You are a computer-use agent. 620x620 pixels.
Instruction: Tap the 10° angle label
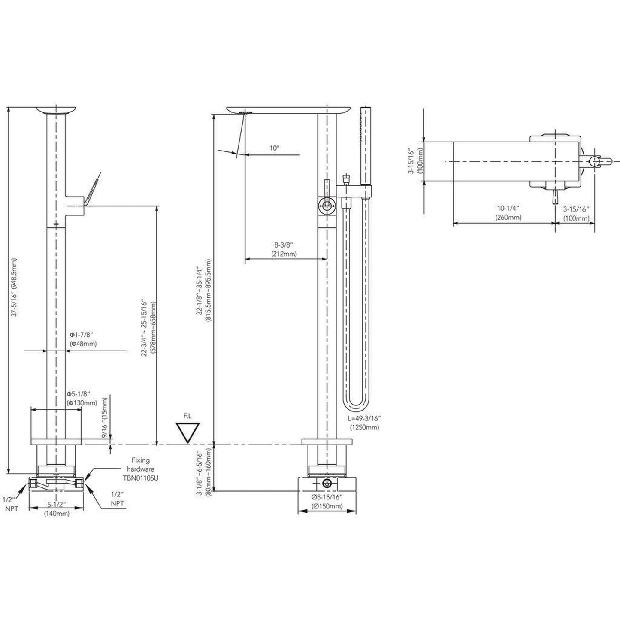(x=275, y=148)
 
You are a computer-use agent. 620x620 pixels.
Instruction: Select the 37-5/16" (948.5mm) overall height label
(x=15, y=287)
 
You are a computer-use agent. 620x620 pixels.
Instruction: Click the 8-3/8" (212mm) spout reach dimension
(x=284, y=249)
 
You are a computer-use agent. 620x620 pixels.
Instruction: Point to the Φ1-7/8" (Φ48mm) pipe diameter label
(x=83, y=339)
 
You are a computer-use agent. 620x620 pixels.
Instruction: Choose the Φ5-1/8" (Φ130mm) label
(x=82, y=398)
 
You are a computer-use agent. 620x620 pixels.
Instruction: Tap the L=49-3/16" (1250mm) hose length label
(x=365, y=423)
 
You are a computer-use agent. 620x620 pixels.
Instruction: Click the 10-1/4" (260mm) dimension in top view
(x=508, y=213)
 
